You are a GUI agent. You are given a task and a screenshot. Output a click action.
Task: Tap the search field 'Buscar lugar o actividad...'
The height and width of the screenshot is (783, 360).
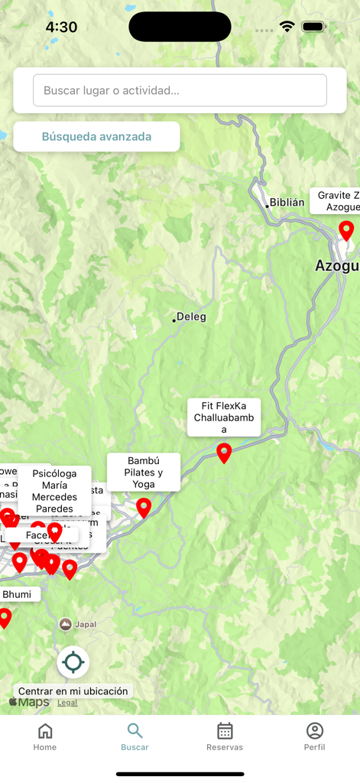point(180,90)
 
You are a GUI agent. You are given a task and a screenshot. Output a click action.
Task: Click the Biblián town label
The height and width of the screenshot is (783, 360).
point(286,203)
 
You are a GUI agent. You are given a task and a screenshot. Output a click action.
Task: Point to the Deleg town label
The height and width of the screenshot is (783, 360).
point(190,317)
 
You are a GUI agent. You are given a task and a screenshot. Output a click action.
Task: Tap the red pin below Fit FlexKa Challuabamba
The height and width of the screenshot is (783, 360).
point(224,453)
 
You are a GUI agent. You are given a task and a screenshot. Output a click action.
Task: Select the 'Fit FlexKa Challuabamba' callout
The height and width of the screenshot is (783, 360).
point(224,417)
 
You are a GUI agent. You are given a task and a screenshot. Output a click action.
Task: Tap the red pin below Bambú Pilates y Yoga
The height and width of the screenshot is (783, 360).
point(144,508)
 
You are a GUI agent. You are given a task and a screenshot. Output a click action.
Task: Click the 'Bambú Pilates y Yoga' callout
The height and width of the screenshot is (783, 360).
point(144,473)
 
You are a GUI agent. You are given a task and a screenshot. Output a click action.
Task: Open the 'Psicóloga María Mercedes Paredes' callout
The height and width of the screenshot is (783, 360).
point(54,490)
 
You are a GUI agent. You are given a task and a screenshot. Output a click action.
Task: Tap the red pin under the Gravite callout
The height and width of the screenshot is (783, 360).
point(346,230)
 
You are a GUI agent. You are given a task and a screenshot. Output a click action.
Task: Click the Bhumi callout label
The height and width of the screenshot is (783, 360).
point(18,594)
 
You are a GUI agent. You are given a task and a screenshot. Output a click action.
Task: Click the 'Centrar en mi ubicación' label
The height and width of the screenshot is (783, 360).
point(73,691)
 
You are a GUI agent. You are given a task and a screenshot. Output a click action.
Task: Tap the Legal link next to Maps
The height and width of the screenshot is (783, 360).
point(67,703)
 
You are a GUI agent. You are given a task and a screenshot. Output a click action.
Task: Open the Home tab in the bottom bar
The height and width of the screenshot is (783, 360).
point(45,736)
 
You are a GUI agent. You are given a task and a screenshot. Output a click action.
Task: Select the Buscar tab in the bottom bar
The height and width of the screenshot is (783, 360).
point(135,736)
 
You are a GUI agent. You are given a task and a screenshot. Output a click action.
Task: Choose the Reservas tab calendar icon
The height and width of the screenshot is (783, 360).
point(225,731)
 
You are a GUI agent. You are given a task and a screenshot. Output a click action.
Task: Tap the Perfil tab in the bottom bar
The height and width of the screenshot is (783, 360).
point(314,736)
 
